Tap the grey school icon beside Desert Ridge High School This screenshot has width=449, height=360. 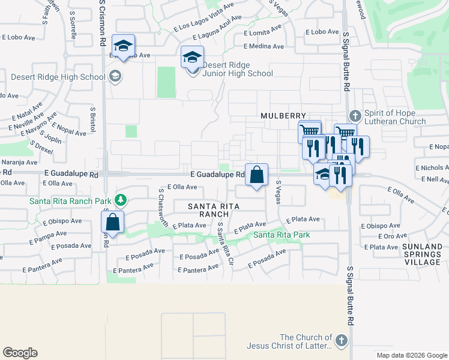115,77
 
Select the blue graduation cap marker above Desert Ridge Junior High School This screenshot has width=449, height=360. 192,58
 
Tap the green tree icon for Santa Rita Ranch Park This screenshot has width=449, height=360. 121,199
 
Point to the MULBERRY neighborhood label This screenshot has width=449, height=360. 283,115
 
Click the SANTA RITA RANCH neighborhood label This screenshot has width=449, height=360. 214,210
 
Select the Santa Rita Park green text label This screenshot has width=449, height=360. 282,235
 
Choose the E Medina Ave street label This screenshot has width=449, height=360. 264,46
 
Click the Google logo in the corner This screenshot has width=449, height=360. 20,352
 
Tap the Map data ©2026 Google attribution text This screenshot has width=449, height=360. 411,355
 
